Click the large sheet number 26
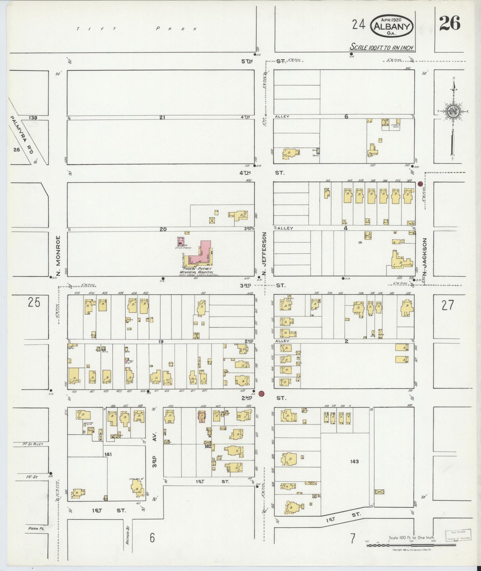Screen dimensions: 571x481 (x=449, y=23)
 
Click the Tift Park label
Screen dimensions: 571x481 (x=137, y=29)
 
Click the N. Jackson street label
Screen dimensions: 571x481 (x=424, y=257)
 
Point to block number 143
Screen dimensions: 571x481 (x=354, y=461)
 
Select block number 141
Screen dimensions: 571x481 (x=108, y=454)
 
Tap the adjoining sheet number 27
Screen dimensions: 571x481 (x=447, y=305)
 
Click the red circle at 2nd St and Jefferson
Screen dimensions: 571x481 (x=262, y=393)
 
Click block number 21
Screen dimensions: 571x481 (x=162, y=117)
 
